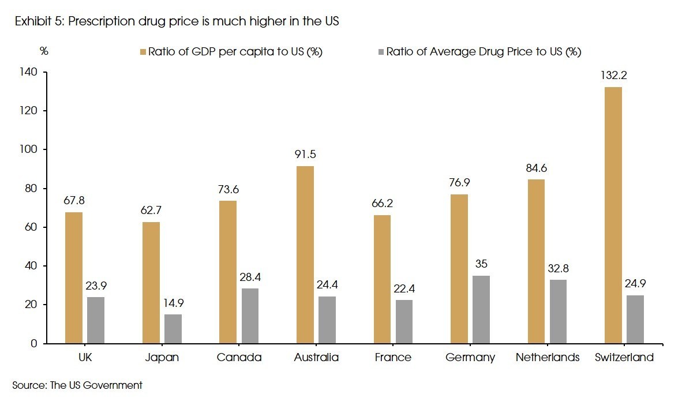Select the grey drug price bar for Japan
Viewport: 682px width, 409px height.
click(173, 329)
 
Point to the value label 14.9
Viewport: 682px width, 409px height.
click(173, 303)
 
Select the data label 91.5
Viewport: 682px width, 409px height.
click(305, 155)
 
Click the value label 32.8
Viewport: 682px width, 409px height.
click(559, 268)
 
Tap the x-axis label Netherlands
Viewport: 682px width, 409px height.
click(548, 358)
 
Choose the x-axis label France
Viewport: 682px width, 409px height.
click(393, 358)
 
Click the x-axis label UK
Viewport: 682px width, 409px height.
click(84, 358)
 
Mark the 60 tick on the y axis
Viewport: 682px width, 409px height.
click(30, 227)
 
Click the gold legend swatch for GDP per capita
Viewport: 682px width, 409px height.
click(142, 51)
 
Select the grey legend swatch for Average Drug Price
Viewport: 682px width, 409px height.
click(380, 51)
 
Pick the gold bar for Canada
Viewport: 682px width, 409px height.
click(228, 272)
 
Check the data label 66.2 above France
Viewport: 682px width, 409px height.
click(382, 204)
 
